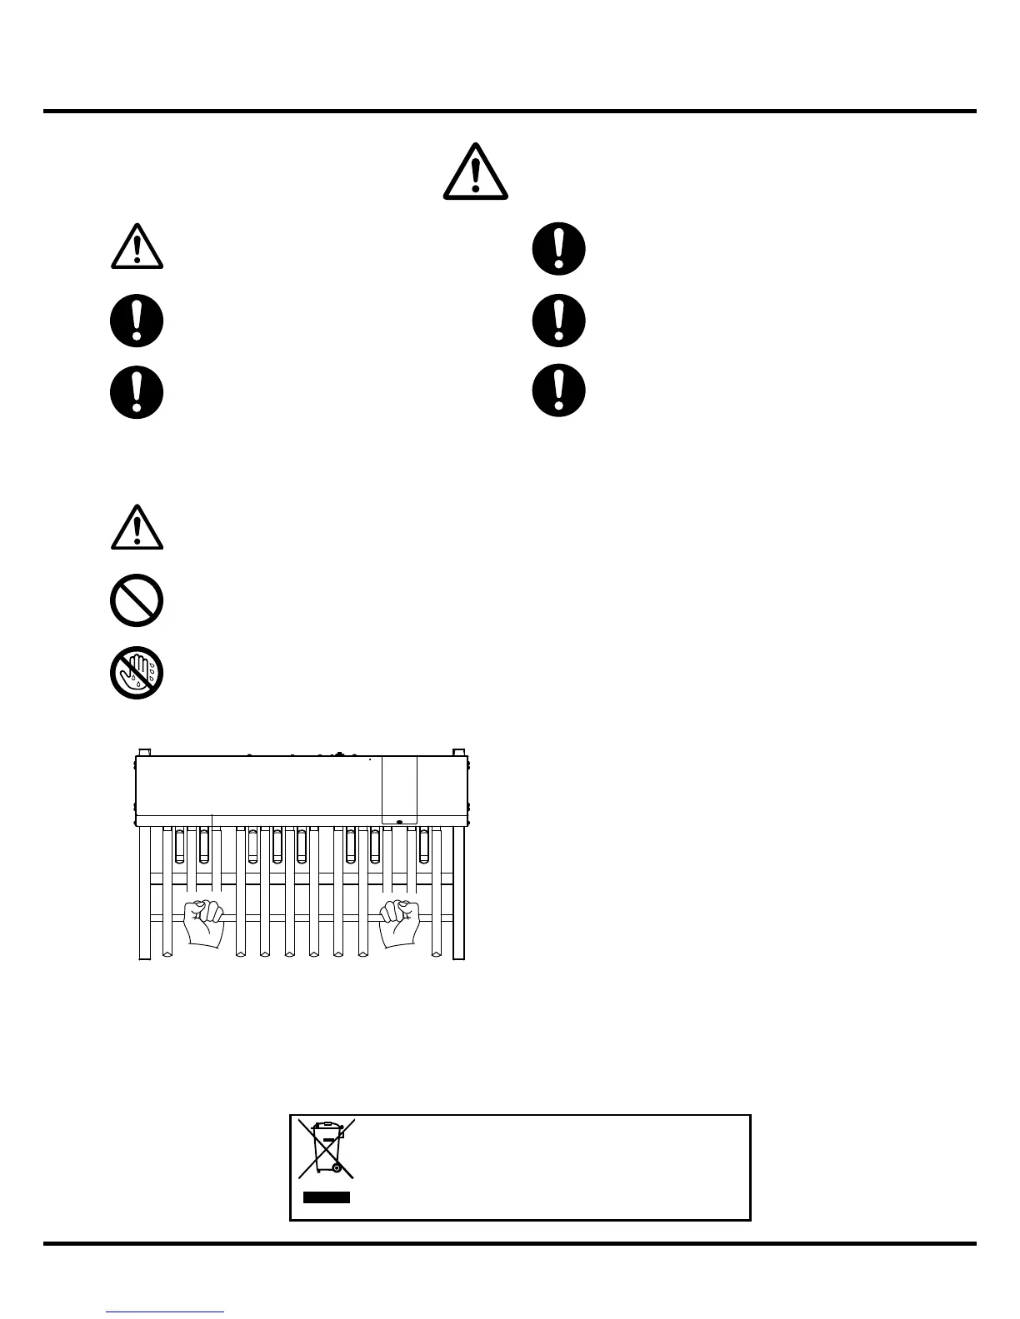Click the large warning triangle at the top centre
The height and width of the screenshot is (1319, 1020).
[475, 172]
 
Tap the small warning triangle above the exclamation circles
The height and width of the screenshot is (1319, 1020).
[137, 247]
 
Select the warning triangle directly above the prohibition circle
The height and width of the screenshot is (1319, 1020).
[137, 528]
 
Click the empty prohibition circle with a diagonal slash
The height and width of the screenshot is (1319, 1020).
[137, 600]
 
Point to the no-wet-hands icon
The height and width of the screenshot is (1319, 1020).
[137, 672]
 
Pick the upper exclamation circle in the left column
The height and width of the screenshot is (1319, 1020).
[137, 321]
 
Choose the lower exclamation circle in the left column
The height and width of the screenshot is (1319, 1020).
[137, 391]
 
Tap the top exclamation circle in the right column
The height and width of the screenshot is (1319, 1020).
[558, 248]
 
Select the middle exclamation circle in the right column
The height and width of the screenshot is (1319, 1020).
[558, 321]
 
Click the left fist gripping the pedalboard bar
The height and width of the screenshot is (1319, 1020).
[204, 922]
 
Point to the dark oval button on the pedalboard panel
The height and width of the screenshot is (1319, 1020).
[400, 822]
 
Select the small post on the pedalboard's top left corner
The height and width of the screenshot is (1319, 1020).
[143, 751]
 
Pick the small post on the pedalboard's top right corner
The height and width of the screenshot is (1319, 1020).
[457, 751]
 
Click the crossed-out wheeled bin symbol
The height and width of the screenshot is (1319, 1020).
[327, 1148]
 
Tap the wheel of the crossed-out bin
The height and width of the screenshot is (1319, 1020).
[337, 1168]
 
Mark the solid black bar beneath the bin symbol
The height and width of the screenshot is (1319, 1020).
[326, 1197]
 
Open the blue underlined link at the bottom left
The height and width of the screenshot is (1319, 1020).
[165, 1312]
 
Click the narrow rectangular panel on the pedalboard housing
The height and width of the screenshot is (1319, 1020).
[399, 789]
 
